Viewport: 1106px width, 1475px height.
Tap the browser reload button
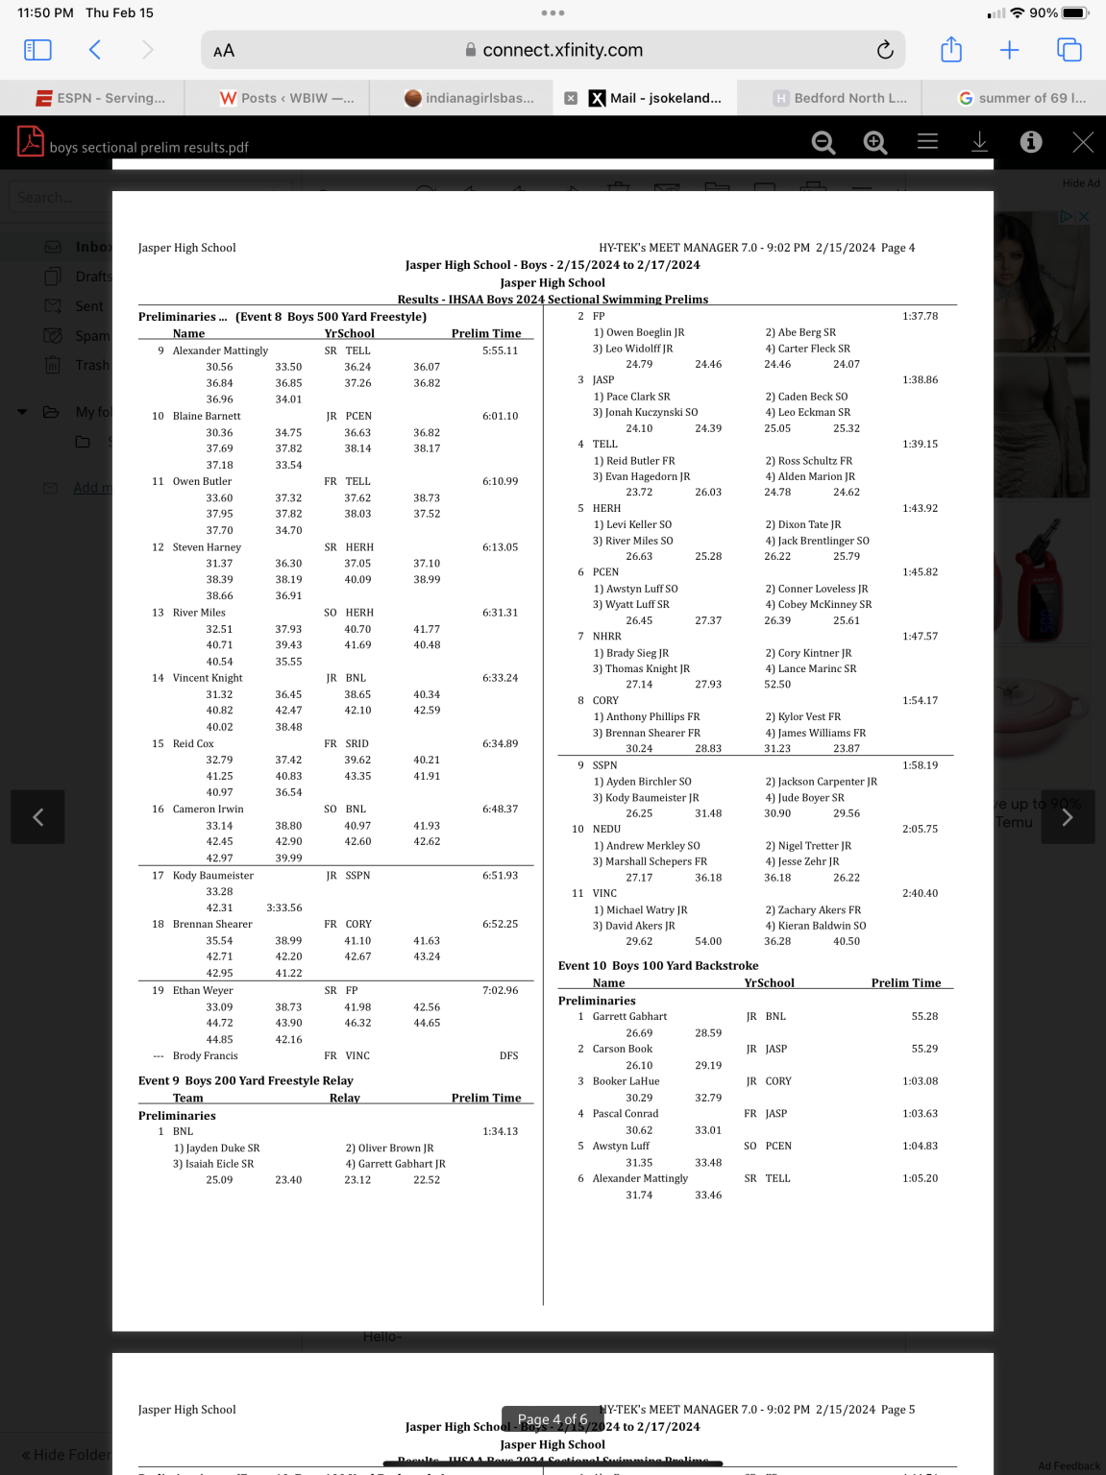(x=885, y=50)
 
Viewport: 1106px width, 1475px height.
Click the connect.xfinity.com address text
(x=562, y=50)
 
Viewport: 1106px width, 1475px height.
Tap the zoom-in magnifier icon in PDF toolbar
(x=874, y=143)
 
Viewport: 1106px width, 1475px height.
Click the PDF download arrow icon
(x=979, y=142)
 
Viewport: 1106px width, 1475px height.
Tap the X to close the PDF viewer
(x=1083, y=143)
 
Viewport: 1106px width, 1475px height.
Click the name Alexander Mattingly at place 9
(x=220, y=351)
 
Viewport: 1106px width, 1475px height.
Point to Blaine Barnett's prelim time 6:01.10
(x=500, y=416)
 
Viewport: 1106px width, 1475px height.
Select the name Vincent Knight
(x=208, y=678)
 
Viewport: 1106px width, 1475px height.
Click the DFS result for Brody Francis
(x=508, y=1055)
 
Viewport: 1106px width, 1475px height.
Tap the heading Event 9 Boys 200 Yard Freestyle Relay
(x=246, y=1080)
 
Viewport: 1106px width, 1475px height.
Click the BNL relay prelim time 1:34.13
(x=500, y=1131)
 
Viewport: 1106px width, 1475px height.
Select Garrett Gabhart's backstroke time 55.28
(x=924, y=1016)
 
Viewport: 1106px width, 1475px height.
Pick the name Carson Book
(x=622, y=1049)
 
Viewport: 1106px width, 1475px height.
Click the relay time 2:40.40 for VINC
(x=920, y=893)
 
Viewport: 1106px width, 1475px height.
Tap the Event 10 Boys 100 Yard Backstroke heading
(x=658, y=966)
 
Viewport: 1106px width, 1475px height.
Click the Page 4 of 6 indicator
(x=553, y=1419)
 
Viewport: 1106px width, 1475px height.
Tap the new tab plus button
(x=1009, y=50)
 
